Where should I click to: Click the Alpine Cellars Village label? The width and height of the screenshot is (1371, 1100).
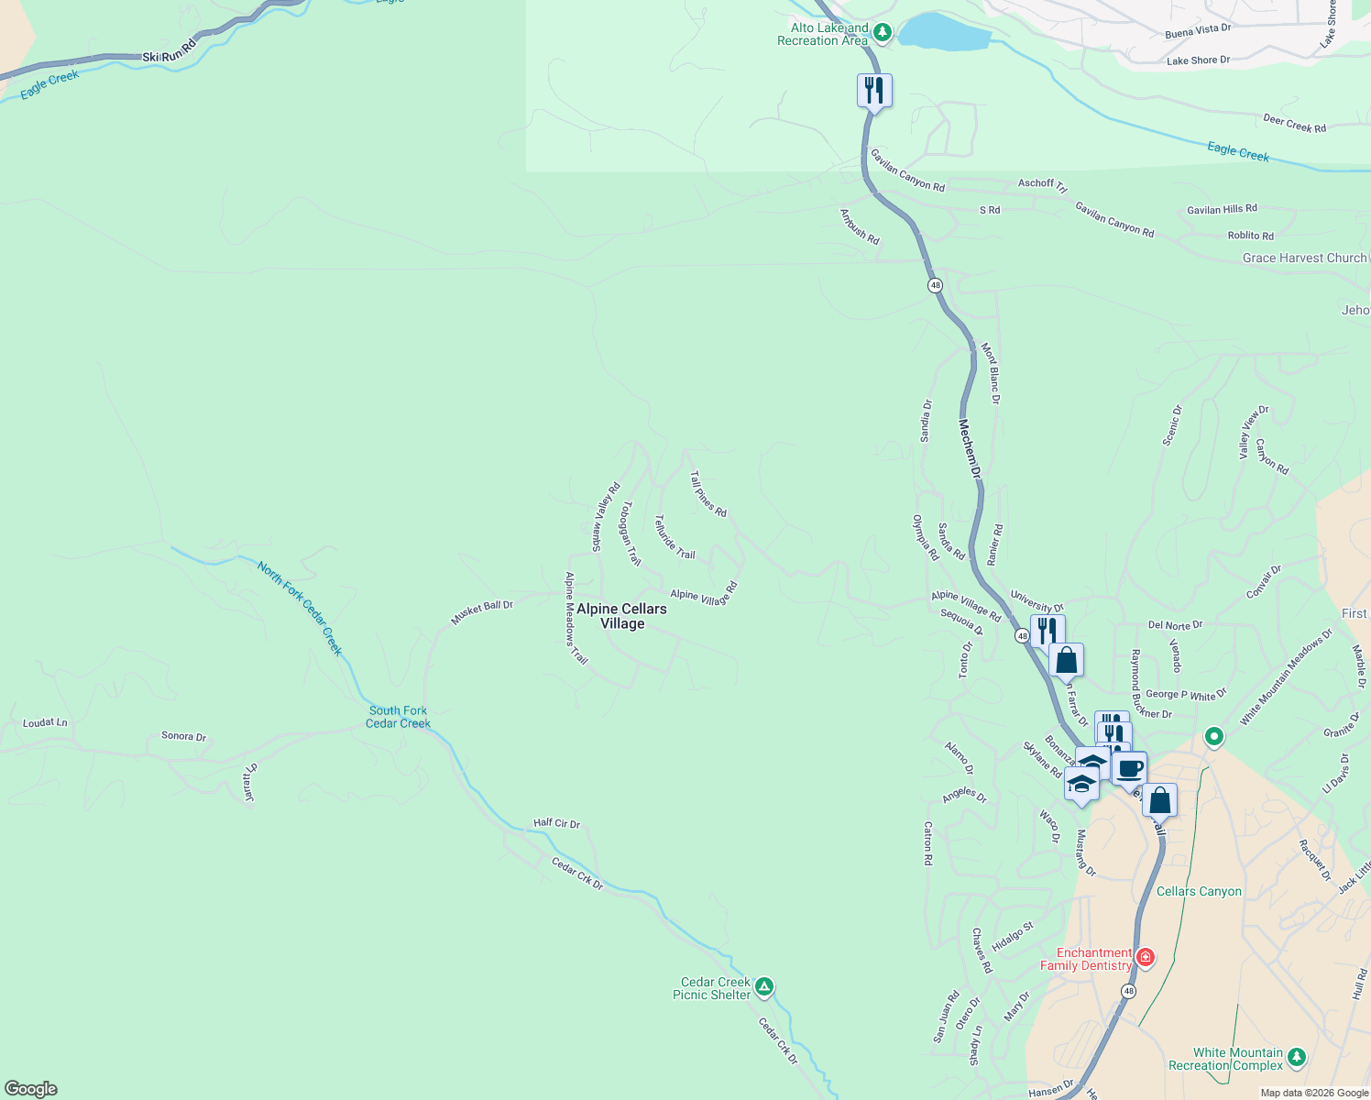621,616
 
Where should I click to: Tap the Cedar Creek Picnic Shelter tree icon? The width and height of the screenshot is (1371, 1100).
764,987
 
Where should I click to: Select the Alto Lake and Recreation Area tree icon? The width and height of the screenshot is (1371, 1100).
883,33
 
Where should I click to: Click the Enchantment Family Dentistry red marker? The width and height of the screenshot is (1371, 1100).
1145,958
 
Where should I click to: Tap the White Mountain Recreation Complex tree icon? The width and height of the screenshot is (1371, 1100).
1296,1058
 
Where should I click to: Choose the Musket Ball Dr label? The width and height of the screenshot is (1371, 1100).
482,612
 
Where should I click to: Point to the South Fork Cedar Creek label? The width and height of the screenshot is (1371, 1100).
398,717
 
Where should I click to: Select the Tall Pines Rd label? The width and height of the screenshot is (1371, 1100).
707,494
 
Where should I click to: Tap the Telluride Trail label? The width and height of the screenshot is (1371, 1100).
675,537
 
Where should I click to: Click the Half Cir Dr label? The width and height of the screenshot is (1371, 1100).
557,823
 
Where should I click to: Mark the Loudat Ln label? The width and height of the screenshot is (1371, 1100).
45,723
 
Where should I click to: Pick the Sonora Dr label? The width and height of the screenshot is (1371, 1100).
183,736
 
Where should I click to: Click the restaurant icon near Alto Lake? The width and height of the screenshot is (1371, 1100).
874,90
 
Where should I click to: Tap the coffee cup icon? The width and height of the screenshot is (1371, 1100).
1129,768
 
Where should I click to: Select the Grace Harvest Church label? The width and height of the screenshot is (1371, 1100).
1304,258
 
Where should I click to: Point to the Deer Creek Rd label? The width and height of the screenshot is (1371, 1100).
1294,124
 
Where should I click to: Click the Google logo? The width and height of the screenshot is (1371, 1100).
31,1089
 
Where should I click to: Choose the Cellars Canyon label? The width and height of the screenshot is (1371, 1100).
1199,891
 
